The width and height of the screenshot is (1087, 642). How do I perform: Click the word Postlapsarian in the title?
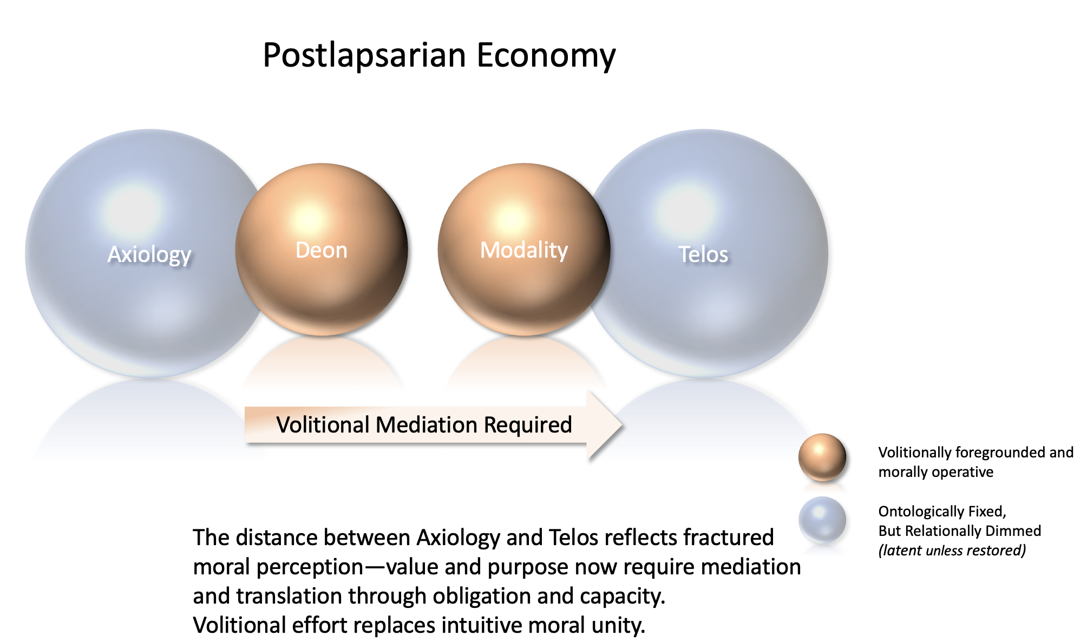pos(364,56)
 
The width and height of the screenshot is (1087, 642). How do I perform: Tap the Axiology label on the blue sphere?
pos(149,255)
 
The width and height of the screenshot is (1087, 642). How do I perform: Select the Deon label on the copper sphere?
pos(322,250)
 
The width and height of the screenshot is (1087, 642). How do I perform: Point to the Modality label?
pos(524,251)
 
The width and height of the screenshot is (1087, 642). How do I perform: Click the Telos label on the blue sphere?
pos(703,254)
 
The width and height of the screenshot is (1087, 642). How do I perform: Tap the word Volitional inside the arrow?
pos(323,425)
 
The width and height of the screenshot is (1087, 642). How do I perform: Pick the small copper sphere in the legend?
pos(822,457)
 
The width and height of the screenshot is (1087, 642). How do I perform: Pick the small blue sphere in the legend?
pos(822,520)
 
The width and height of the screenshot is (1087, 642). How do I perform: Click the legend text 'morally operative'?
pos(935,472)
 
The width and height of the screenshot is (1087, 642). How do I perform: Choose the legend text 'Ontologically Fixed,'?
pos(942,512)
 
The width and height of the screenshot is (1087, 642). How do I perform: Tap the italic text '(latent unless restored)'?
pos(952,551)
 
